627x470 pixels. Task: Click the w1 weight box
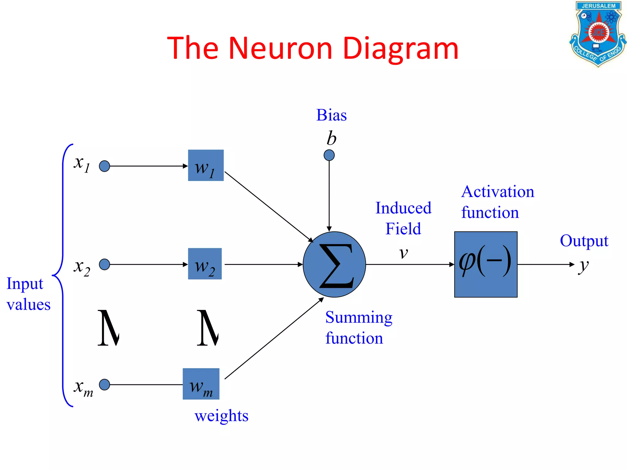(x=206, y=165)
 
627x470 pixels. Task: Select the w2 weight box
(x=205, y=264)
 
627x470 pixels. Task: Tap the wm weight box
(x=201, y=384)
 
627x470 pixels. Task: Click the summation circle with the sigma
(x=334, y=264)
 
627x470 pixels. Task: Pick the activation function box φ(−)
(x=486, y=264)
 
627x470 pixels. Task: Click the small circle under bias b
(x=329, y=155)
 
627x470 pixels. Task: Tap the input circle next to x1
(x=104, y=166)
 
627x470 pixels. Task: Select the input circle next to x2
(x=104, y=264)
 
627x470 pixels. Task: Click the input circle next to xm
(x=104, y=385)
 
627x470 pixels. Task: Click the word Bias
(x=332, y=115)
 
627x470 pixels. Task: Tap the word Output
(x=584, y=241)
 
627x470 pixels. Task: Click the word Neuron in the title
(x=280, y=48)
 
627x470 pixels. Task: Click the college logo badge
(x=597, y=34)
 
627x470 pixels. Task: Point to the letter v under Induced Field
(x=404, y=253)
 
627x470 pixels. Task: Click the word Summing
(x=359, y=318)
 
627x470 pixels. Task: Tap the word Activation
(x=498, y=192)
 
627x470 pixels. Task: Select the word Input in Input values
(x=25, y=284)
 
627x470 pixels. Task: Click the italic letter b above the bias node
(x=331, y=138)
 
